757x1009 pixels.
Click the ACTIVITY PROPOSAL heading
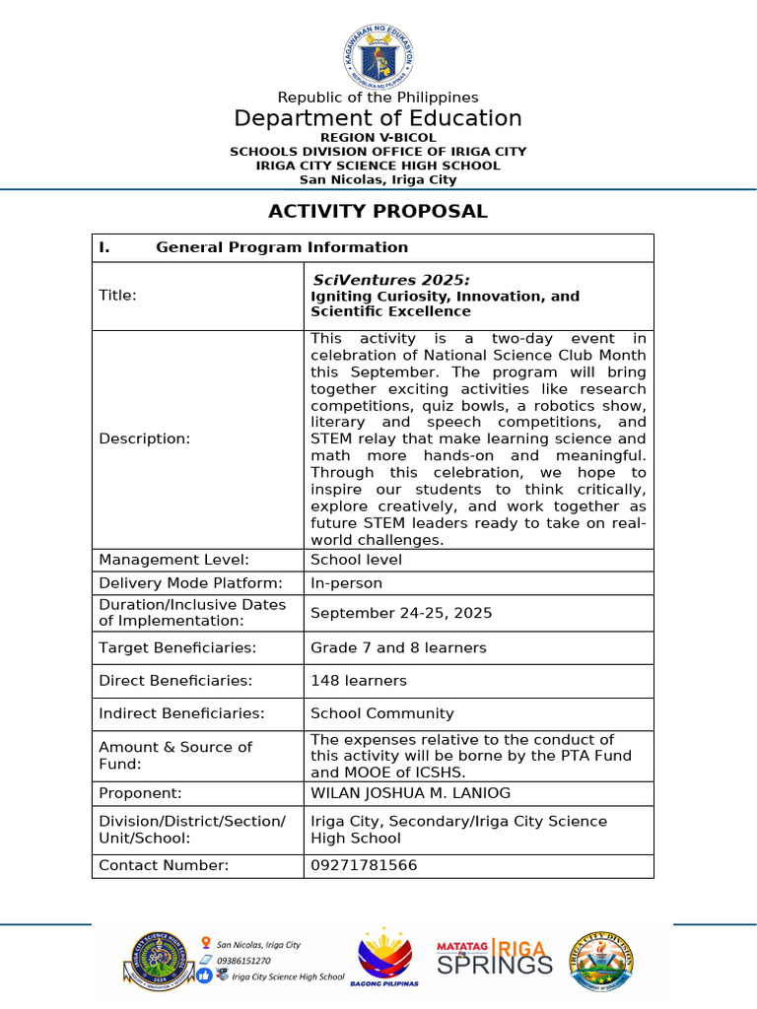coord(378,211)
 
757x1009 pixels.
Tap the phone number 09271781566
coord(364,865)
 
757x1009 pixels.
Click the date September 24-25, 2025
coord(401,613)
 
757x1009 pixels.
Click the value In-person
coord(346,582)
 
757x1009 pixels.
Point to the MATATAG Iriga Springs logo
coord(495,958)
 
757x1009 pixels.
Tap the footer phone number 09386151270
coord(243,960)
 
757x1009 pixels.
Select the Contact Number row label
coord(164,865)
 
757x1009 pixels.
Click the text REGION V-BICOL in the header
coord(378,137)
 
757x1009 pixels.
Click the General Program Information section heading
coord(281,247)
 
